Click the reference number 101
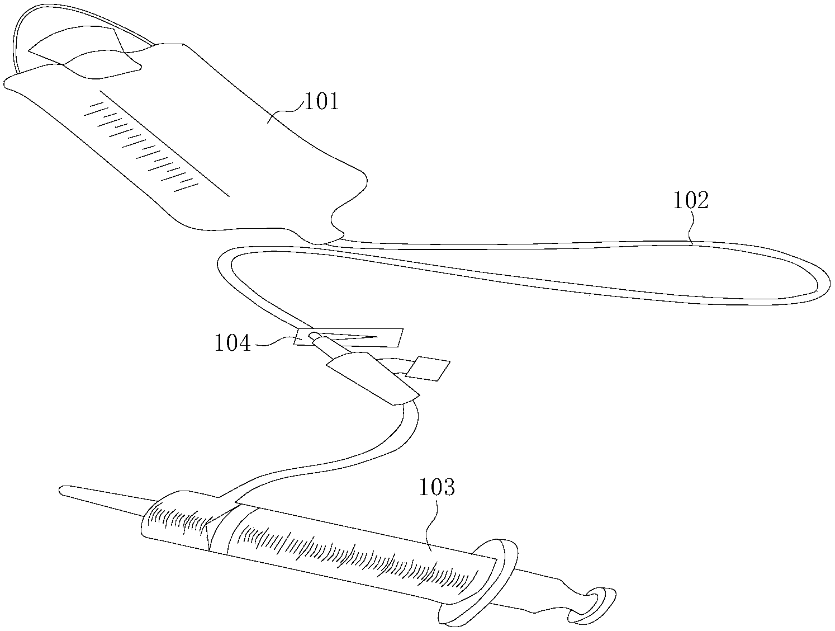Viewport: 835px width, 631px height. tap(320, 102)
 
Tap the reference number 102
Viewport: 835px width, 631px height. tap(691, 201)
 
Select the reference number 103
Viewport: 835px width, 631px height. tap(438, 487)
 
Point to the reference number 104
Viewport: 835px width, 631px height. tap(233, 343)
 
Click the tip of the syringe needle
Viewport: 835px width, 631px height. tap(61, 491)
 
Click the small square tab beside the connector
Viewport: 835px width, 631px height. tap(429, 368)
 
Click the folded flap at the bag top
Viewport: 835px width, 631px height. tap(84, 53)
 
